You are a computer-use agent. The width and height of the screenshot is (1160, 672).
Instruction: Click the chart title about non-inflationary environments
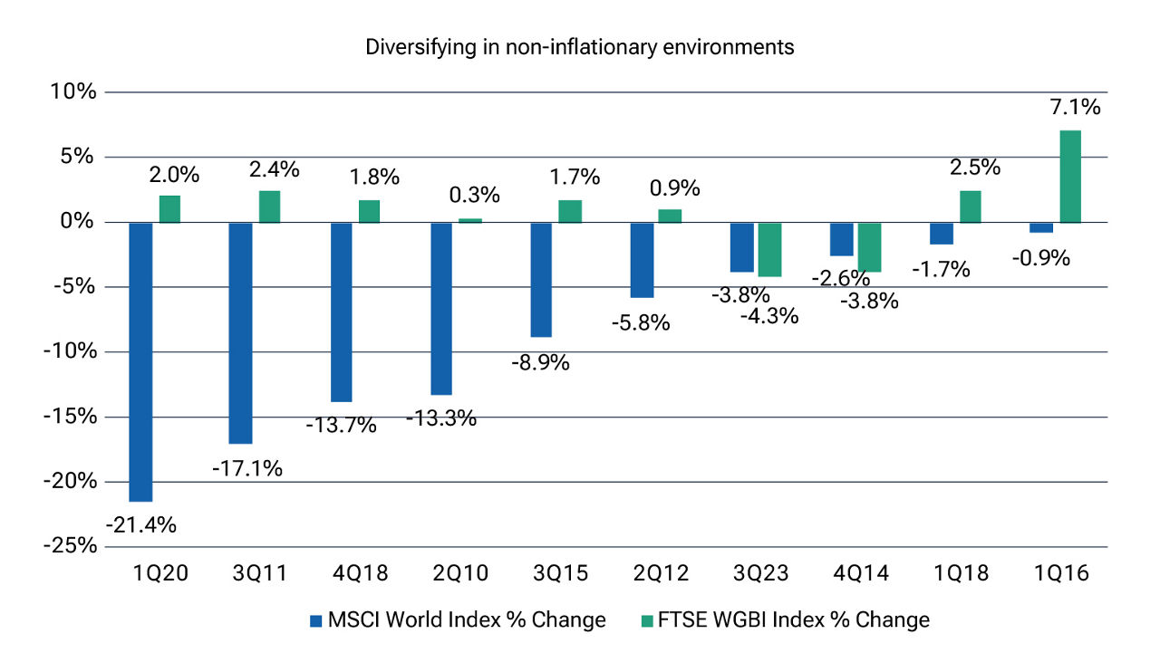coord(580,48)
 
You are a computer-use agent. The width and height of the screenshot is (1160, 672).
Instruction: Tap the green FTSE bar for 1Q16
coord(1070,177)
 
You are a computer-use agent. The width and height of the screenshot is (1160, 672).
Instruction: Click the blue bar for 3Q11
coord(240,332)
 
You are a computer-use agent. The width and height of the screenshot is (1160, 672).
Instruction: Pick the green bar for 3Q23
coord(769,249)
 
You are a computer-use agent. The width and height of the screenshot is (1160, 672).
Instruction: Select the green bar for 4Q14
coord(869,246)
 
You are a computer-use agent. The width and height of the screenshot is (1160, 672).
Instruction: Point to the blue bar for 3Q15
coord(541,279)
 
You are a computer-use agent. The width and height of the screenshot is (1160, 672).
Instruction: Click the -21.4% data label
coord(141,524)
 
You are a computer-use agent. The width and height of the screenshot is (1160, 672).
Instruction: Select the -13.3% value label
coord(441,418)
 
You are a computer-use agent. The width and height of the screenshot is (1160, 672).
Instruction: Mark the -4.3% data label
coord(769,316)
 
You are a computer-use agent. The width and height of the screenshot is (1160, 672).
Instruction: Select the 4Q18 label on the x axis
coord(353,573)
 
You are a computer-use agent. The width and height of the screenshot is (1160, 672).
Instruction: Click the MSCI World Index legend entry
coord(457,620)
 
